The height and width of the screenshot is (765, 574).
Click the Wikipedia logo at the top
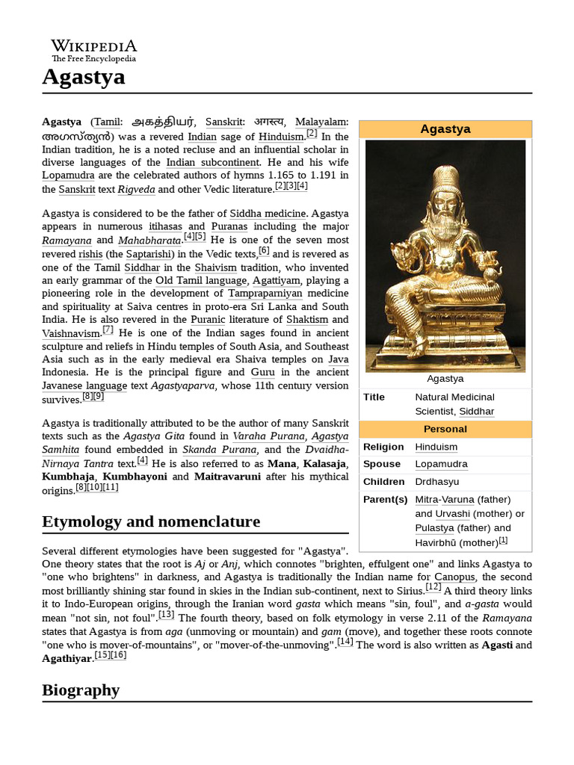pos(93,50)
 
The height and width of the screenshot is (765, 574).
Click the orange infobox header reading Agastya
pos(445,129)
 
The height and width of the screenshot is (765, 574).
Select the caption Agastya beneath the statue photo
pos(445,379)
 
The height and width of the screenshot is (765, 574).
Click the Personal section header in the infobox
pos(445,429)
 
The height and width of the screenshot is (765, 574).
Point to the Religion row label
pos(383,447)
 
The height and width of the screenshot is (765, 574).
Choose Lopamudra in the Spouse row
pos(441,464)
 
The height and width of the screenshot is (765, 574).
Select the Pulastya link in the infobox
pos(436,527)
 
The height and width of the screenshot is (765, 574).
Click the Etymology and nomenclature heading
pos(151,521)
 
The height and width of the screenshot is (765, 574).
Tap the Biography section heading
pos(81,690)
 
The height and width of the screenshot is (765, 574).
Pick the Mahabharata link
pos(149,241)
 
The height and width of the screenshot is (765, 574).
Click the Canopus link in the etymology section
pos(454,577)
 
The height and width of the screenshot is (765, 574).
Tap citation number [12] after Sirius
pos(433,587)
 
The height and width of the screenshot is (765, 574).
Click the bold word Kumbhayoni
pos(135,477)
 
